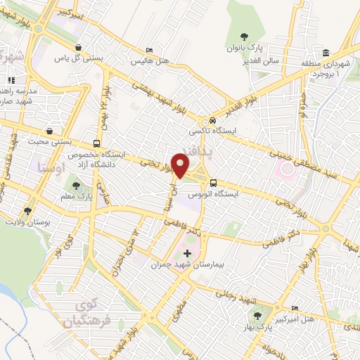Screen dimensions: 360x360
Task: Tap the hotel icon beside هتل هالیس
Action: tap(148, 51)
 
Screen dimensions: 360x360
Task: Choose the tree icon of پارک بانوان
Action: tap(244, 37)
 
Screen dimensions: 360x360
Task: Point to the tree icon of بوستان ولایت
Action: tap(27, 210)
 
